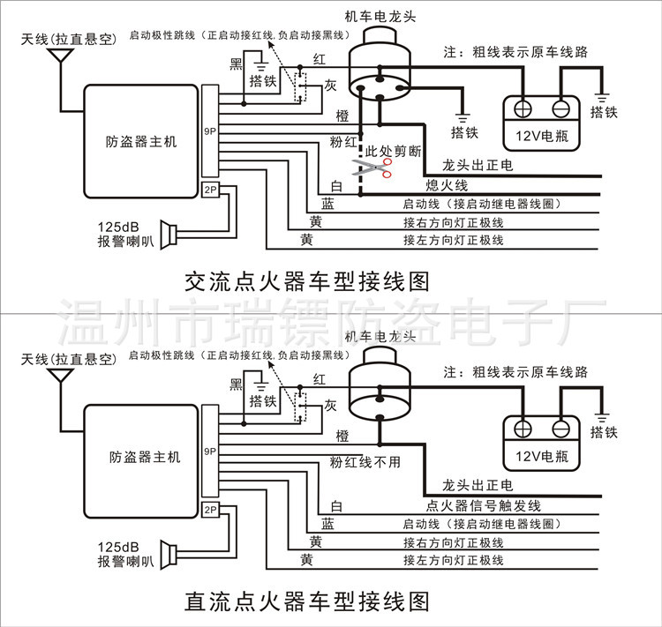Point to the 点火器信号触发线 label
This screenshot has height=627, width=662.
(x=483, y=505)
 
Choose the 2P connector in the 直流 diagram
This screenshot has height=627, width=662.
(x=209, y=510)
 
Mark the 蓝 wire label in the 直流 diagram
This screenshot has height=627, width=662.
(x=327, y=523)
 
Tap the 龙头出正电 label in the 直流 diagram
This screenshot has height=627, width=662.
(x=476, y=486)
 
